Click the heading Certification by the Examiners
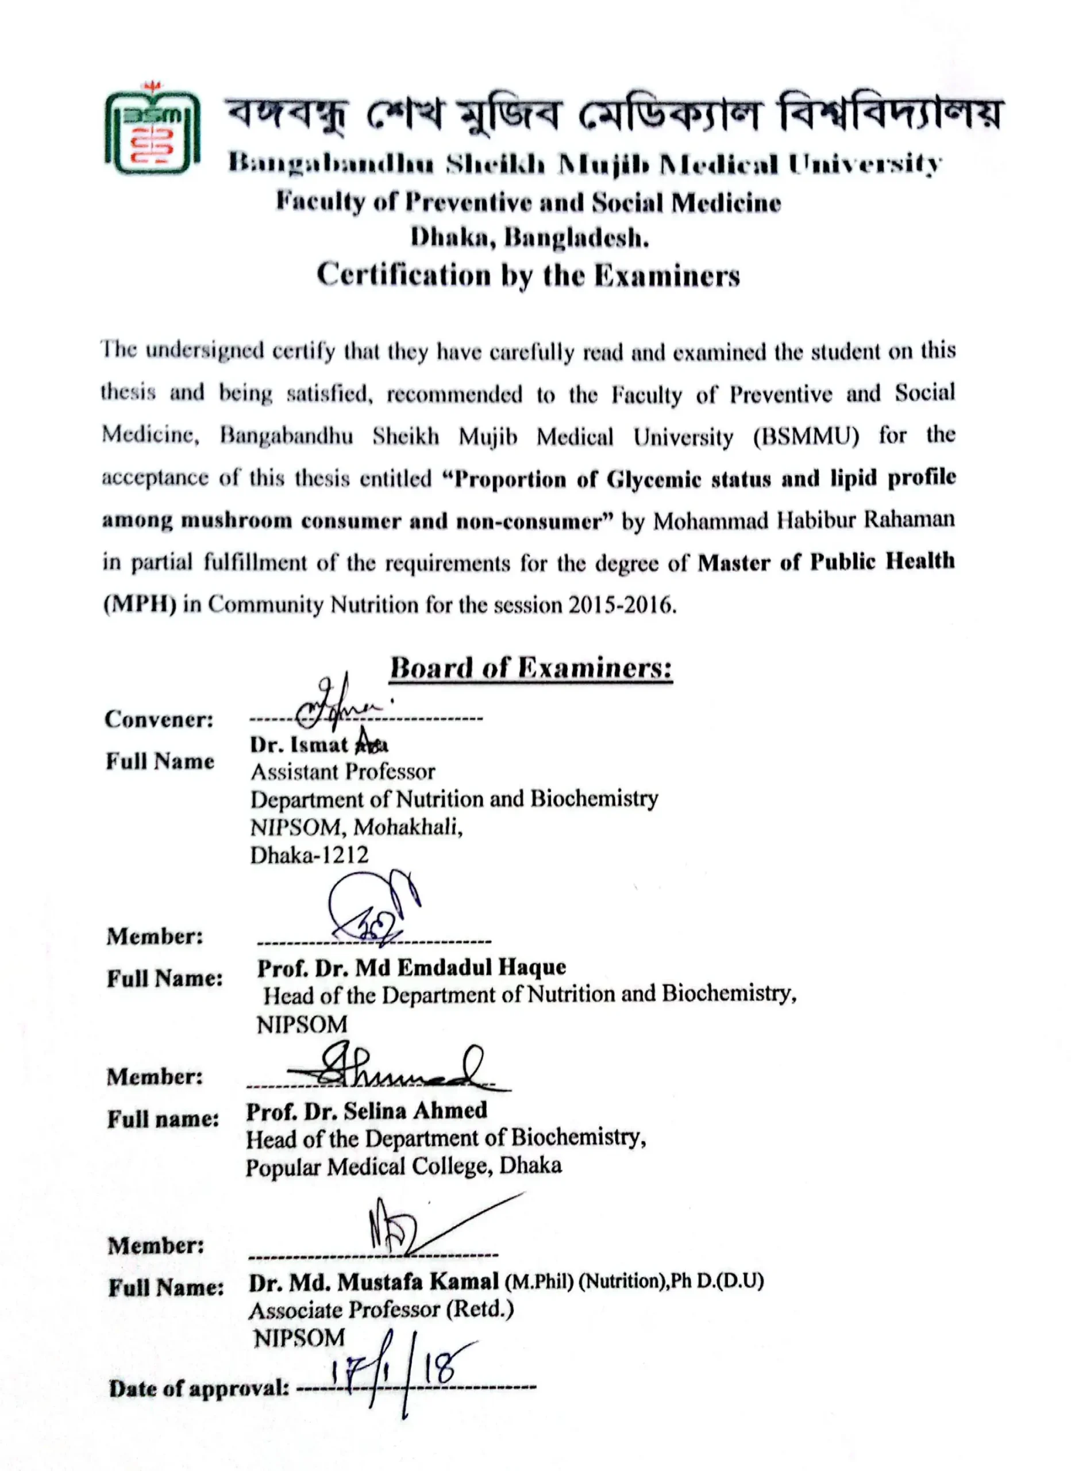click(528, 275)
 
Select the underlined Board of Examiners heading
click(531, 668)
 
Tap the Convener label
click(159, 719)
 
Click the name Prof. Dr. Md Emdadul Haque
click(411, 968)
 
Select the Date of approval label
click(198, 1389)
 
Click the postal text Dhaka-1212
click(310, 855)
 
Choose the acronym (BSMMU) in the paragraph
click(806, 437)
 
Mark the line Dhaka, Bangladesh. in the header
click(530, 238)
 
